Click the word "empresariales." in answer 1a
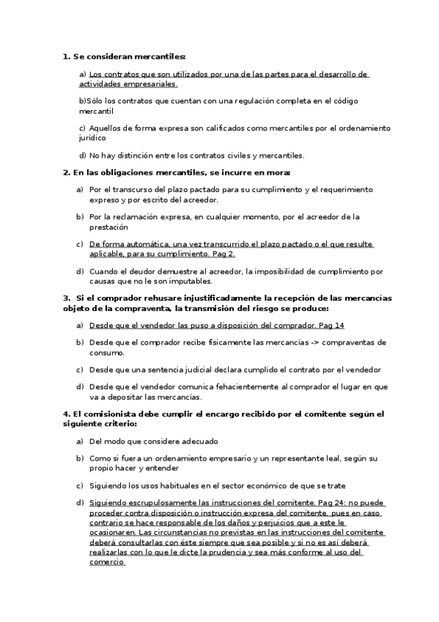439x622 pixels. pos(145,84)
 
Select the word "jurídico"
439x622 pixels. pos(92,137)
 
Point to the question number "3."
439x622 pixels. pos(67,298)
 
